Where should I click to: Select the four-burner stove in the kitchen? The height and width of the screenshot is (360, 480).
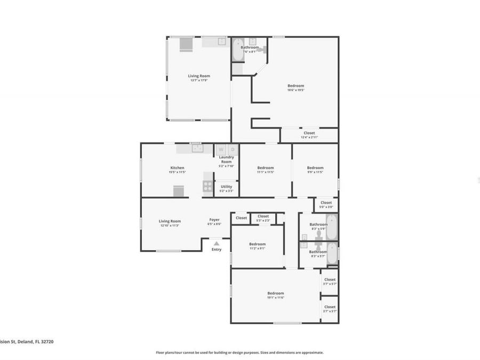click(207, 186)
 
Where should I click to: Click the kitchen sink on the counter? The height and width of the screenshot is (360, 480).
click(197, 148)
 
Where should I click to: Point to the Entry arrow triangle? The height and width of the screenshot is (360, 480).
click(217, 243)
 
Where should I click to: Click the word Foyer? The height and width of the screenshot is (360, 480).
click(214, 220)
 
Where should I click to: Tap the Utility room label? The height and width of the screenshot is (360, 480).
click(227, 187)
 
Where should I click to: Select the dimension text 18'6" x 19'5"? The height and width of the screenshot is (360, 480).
click(295, 90)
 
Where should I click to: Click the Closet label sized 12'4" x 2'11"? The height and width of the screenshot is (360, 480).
click(309, 133)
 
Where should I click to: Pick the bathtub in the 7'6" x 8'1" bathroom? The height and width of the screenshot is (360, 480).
click(237, 50)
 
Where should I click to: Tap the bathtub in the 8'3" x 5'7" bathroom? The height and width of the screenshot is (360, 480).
click(331, 254)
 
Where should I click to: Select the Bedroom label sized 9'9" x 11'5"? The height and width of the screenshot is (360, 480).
click(315, 168)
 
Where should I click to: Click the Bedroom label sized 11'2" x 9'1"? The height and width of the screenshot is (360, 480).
click(258, 244)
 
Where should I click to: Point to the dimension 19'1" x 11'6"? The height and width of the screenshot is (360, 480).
click(275, 298)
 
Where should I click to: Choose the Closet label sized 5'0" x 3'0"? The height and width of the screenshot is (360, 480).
click(326, 203)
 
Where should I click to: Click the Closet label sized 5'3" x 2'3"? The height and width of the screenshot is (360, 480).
click(263, 216)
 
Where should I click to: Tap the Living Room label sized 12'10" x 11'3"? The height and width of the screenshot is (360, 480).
click(170, 221)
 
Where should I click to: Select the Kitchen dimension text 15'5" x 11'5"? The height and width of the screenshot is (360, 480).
click(177, 172)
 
